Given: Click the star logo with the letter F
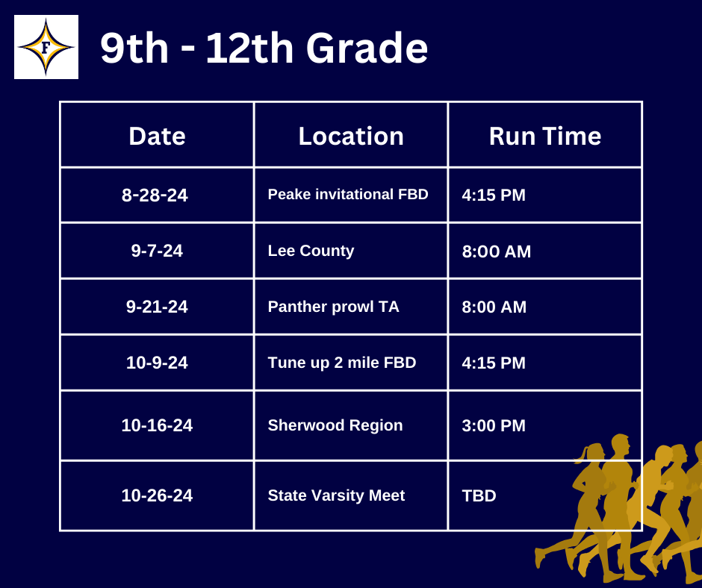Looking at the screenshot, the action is point(46,47).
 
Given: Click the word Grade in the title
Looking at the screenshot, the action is point(367,48).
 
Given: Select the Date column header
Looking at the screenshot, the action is point(157,136).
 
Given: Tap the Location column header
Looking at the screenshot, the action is point(351,136).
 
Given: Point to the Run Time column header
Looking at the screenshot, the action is point(545,136).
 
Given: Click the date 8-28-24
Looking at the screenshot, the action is point(155,195).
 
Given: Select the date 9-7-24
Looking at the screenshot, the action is point(157,251).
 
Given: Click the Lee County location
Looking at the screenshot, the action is point(311,251).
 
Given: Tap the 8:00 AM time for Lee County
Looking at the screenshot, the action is point(497,251).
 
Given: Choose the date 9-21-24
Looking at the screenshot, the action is point(157,307).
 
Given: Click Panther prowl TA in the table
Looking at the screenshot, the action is point(333,307).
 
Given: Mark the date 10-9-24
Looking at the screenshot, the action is point(157,363).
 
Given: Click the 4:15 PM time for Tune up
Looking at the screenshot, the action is point(494,363).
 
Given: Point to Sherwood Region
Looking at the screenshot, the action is point(335,425).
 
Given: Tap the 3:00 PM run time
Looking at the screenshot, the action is point(494,425).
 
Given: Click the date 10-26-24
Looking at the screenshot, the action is point(157,495).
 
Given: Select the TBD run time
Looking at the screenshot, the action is point(479,495).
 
